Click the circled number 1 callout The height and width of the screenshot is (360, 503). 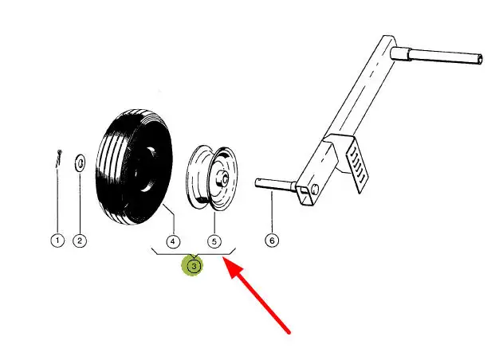coord(57,241)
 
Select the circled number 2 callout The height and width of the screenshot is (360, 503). coord(80,241)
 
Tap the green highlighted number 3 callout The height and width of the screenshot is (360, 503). coord(194,265)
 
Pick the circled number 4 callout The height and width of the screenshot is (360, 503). coord(172,241)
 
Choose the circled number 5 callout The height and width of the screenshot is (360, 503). coord(214,241)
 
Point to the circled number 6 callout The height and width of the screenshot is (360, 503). coord(272,241)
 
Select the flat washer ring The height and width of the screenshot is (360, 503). coord(80,163)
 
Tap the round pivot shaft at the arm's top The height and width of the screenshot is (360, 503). coord(446,58)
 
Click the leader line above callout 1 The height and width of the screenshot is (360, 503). coord(57,199)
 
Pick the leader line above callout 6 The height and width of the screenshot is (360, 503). coord(272,211)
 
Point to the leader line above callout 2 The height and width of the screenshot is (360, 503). coord(80,203)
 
